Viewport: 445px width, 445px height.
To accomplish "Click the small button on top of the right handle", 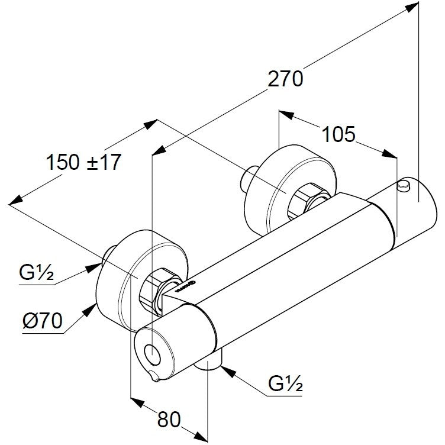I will click(404, 187).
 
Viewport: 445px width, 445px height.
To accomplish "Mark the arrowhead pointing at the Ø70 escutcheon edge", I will click(92, 309).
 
